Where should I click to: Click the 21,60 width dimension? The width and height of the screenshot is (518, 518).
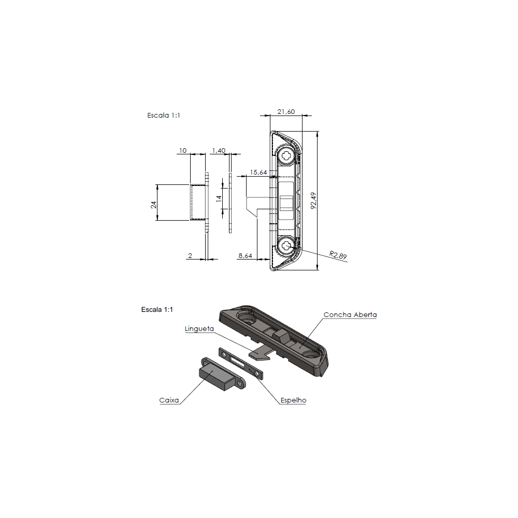[286, 112]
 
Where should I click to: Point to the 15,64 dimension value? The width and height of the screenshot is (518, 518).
[258, 172]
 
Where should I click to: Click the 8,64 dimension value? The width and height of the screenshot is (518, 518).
[245, 255]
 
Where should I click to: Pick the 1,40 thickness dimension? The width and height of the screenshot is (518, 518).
[218, 150]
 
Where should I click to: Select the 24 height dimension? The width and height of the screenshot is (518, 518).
[153, 203]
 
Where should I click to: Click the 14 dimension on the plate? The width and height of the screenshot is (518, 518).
[219, 197]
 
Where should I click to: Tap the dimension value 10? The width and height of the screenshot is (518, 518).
[182, 150]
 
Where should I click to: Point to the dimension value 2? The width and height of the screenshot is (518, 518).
[191, 255]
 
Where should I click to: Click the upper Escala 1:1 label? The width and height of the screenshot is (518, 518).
[164, 116]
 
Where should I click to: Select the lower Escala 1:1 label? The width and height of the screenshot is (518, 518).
[157, 309]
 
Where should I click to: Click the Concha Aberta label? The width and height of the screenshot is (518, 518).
[350, 314]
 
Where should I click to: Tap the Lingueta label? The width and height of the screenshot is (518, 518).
[199, 328]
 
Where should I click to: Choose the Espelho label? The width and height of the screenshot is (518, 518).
[293, 400]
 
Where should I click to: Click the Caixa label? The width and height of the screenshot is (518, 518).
[169, 400]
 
